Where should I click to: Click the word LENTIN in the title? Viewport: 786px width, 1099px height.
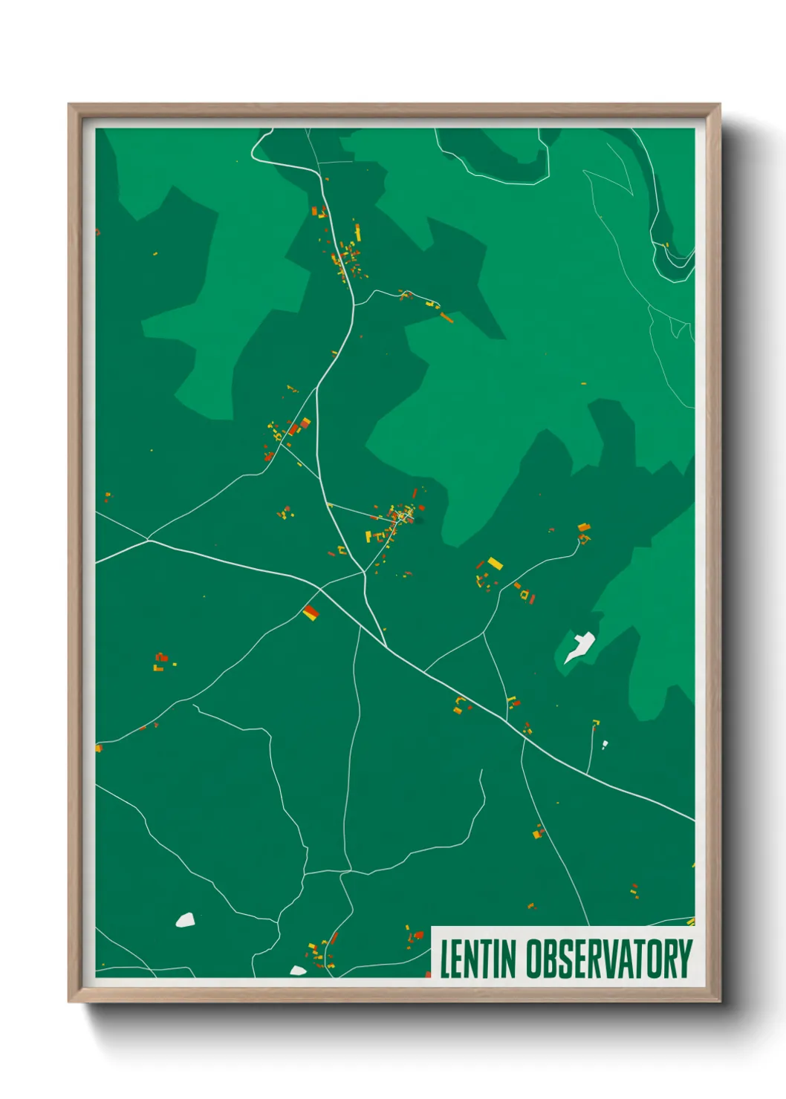coord(478,959)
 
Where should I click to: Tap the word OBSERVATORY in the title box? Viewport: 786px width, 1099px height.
coord(609,959)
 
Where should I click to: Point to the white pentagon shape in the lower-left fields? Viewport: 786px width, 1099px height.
coord(185,920)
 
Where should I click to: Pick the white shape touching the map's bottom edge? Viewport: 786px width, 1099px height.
coord(298,971)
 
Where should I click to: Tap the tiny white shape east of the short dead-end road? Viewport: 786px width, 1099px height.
coord(605,744)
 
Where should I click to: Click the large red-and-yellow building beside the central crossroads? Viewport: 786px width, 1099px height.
coord(311,612)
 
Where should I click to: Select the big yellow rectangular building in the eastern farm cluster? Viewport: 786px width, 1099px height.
coord(495,564)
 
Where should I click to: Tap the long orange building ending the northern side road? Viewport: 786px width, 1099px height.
coord(446,318)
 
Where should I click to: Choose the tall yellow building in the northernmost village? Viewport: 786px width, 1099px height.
coord(357,232)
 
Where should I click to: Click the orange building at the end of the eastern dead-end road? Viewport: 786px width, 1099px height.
coord(584,527)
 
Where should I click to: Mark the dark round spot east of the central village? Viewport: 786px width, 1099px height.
coord(419,521)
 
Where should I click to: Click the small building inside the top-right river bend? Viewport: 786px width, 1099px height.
coord(666,244)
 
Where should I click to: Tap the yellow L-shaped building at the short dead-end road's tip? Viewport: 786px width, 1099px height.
coord(596,722)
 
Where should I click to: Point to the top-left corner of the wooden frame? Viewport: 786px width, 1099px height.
coord(69,105)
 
